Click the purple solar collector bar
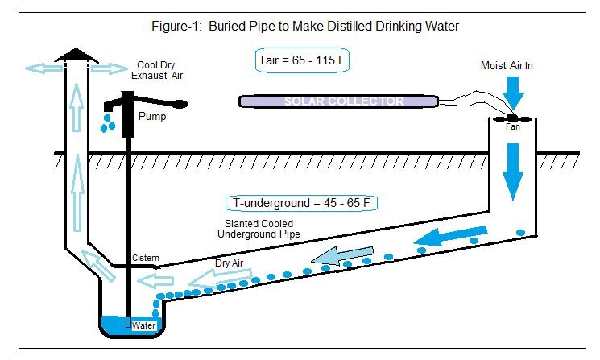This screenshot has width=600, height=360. coord(338,101)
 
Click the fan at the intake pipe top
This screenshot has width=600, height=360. coord(512,117)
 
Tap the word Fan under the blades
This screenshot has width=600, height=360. coord(512,126)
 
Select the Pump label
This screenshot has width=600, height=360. coord(152,116)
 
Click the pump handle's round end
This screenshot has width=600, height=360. coord(180,103)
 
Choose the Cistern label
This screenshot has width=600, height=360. coord(146,259)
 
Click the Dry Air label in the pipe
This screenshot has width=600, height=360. coord(230,262)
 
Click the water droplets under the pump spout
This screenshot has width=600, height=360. coord(106,122)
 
